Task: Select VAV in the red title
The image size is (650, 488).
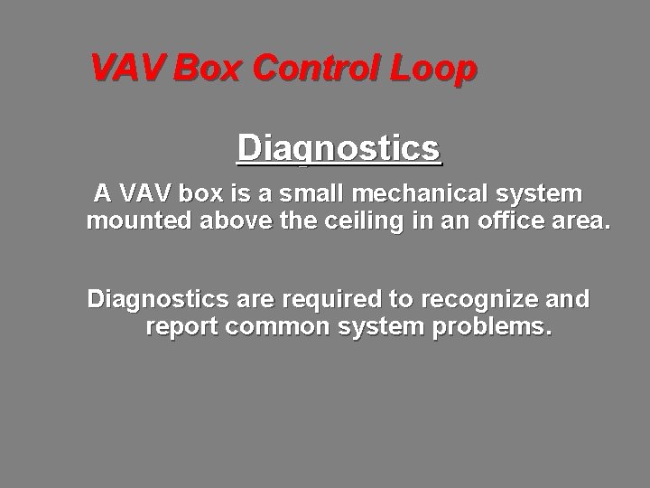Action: coord(127,69)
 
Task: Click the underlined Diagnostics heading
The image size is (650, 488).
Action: coord(339,148)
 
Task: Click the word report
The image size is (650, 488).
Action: coord(182,326)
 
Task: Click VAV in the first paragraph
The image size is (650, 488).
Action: coord(144,194)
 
